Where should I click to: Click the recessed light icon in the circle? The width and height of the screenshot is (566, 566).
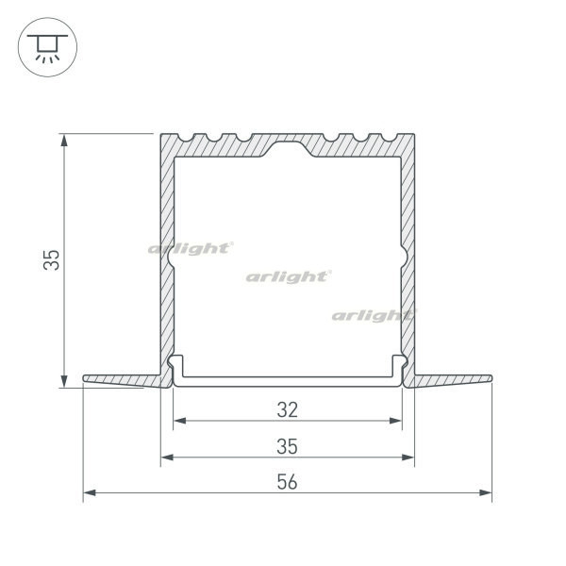[43, 45]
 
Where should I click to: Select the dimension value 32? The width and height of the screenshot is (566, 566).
[288, 409]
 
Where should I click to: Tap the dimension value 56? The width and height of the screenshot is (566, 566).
[288, 481]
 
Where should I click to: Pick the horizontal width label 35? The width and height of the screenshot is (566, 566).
[288, 445]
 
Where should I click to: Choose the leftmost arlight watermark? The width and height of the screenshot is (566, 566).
[190, 248]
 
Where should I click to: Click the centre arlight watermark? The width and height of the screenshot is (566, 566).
[288, 276]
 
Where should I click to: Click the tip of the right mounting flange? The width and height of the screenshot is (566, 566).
[491, 379]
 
